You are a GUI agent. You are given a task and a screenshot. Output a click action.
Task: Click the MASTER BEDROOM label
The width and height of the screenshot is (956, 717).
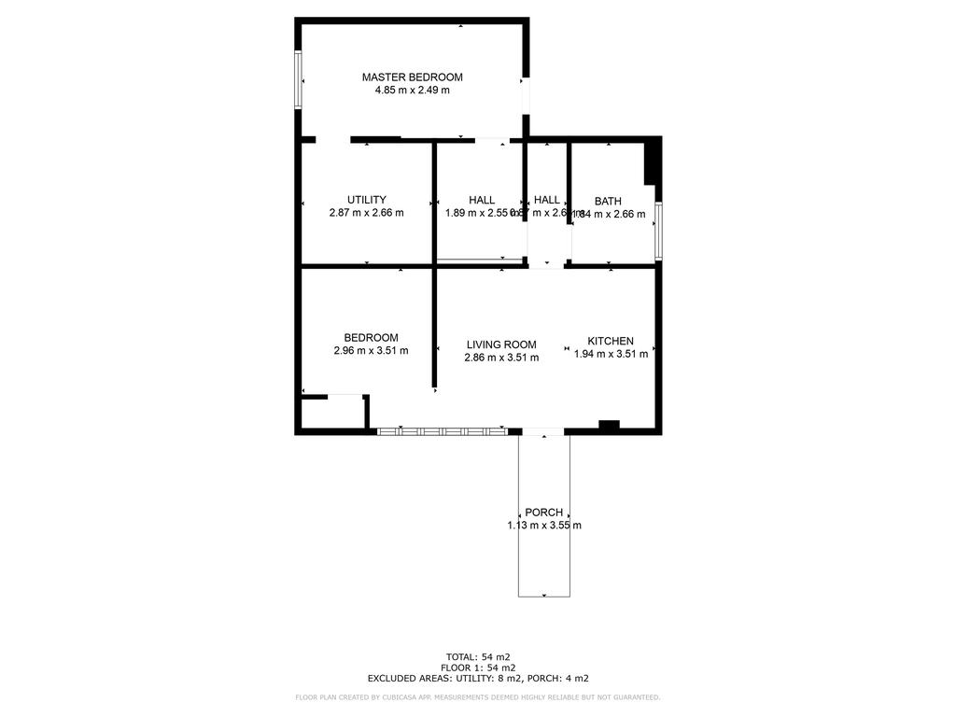click(x=412, y=77)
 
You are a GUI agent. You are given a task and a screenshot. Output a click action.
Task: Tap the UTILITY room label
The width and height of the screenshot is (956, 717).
click(x=366, y=200)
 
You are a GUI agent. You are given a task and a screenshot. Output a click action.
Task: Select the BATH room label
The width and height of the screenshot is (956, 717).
click(x=608, y=201)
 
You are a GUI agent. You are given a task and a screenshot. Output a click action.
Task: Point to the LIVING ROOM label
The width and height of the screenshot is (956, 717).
click(x=501, y=344)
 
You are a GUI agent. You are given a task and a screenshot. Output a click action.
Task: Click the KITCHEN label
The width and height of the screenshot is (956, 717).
click(x=611, y=341)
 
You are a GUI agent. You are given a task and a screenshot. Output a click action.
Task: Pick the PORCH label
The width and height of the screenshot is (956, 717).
click(x=543, y=513)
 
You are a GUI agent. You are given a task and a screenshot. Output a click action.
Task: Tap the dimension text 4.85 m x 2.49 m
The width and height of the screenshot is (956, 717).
click(x=412, y=91)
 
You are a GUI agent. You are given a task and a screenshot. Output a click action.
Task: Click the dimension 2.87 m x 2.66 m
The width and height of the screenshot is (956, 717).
click(x=366, y=213)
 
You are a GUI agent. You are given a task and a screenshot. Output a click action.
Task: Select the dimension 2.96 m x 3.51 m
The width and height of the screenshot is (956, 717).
click(x=371, y=351)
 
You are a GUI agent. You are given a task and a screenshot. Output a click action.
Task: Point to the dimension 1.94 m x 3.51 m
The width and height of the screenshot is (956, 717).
click(x=611, y=354)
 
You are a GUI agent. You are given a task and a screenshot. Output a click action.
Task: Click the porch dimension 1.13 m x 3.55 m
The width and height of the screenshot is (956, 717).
click(x=543, y=526)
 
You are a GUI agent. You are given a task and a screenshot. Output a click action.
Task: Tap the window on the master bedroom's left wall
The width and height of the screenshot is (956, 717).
click(x=299, y=79)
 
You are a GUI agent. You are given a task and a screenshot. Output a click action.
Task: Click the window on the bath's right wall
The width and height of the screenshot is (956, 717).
click(x=658, y=231)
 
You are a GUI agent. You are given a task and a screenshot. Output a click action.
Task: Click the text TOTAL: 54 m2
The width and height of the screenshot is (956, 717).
click(x=478, y=656)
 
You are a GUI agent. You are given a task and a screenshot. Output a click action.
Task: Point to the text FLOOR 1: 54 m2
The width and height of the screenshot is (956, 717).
click(x=478, y=668)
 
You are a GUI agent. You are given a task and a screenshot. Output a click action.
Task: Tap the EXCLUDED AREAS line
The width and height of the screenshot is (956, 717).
click(x=478, y=679)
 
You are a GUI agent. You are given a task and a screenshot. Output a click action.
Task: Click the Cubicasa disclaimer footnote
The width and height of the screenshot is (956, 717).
click(x=478, y=697)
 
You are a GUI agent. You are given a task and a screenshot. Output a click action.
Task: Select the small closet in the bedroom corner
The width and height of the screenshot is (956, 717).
click(x=330, y=412)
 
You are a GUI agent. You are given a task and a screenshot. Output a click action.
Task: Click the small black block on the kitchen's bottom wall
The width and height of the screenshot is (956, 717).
click(x=609, y=426)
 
